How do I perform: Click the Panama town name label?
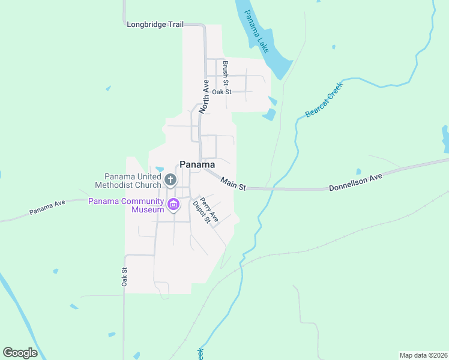click(197, 164)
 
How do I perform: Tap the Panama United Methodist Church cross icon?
click(170, 179)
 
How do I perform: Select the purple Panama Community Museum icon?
click(173, 205)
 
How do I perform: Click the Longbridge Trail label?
click(155, 25)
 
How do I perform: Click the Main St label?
click(234, 184)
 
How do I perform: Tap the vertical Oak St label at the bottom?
click(125, 277)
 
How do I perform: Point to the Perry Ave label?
click(209, 211)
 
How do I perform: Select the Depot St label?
click(200, 212)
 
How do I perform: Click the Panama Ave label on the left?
click(47, 208)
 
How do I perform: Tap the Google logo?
click(20, 353)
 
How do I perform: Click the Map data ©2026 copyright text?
click(423, 355)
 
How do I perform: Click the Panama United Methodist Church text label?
click(133, 181)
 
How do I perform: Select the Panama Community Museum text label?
click(127, 205)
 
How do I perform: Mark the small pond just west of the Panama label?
click(160, 169)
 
